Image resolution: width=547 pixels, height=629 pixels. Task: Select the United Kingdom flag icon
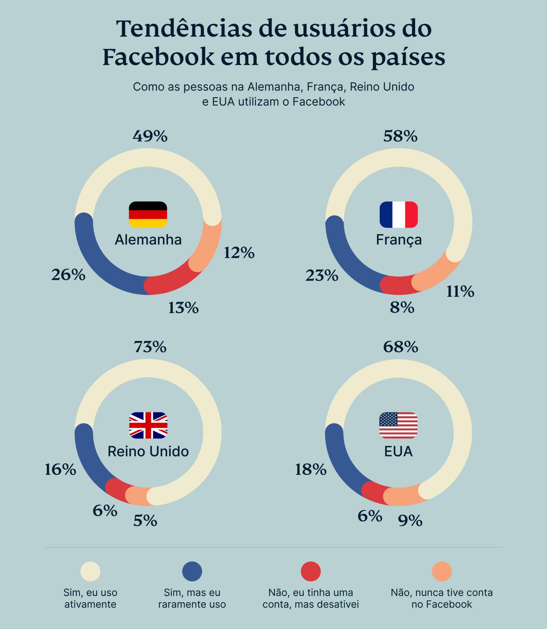(148, 425)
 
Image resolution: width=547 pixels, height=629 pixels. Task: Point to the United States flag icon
(398, 425)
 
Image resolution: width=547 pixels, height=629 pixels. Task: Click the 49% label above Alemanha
(150, 136)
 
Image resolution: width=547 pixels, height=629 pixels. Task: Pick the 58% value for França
(400, 136)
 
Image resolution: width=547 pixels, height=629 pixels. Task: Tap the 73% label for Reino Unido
(150, 347)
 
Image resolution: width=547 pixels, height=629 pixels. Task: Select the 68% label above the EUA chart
(400, 347)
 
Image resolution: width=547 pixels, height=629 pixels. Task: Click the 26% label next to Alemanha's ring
(68, 275)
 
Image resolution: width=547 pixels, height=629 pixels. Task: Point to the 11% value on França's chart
(460, 291)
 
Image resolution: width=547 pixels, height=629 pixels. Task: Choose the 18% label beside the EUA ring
(311, 470)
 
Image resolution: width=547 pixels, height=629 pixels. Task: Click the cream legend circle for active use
(90, 571)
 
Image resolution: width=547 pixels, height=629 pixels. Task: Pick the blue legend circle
(192, 571)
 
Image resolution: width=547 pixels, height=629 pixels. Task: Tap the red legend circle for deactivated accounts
(311, 571)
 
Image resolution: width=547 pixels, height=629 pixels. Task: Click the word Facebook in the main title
(158, 57)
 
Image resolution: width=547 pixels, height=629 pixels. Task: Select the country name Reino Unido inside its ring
(148, 451)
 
